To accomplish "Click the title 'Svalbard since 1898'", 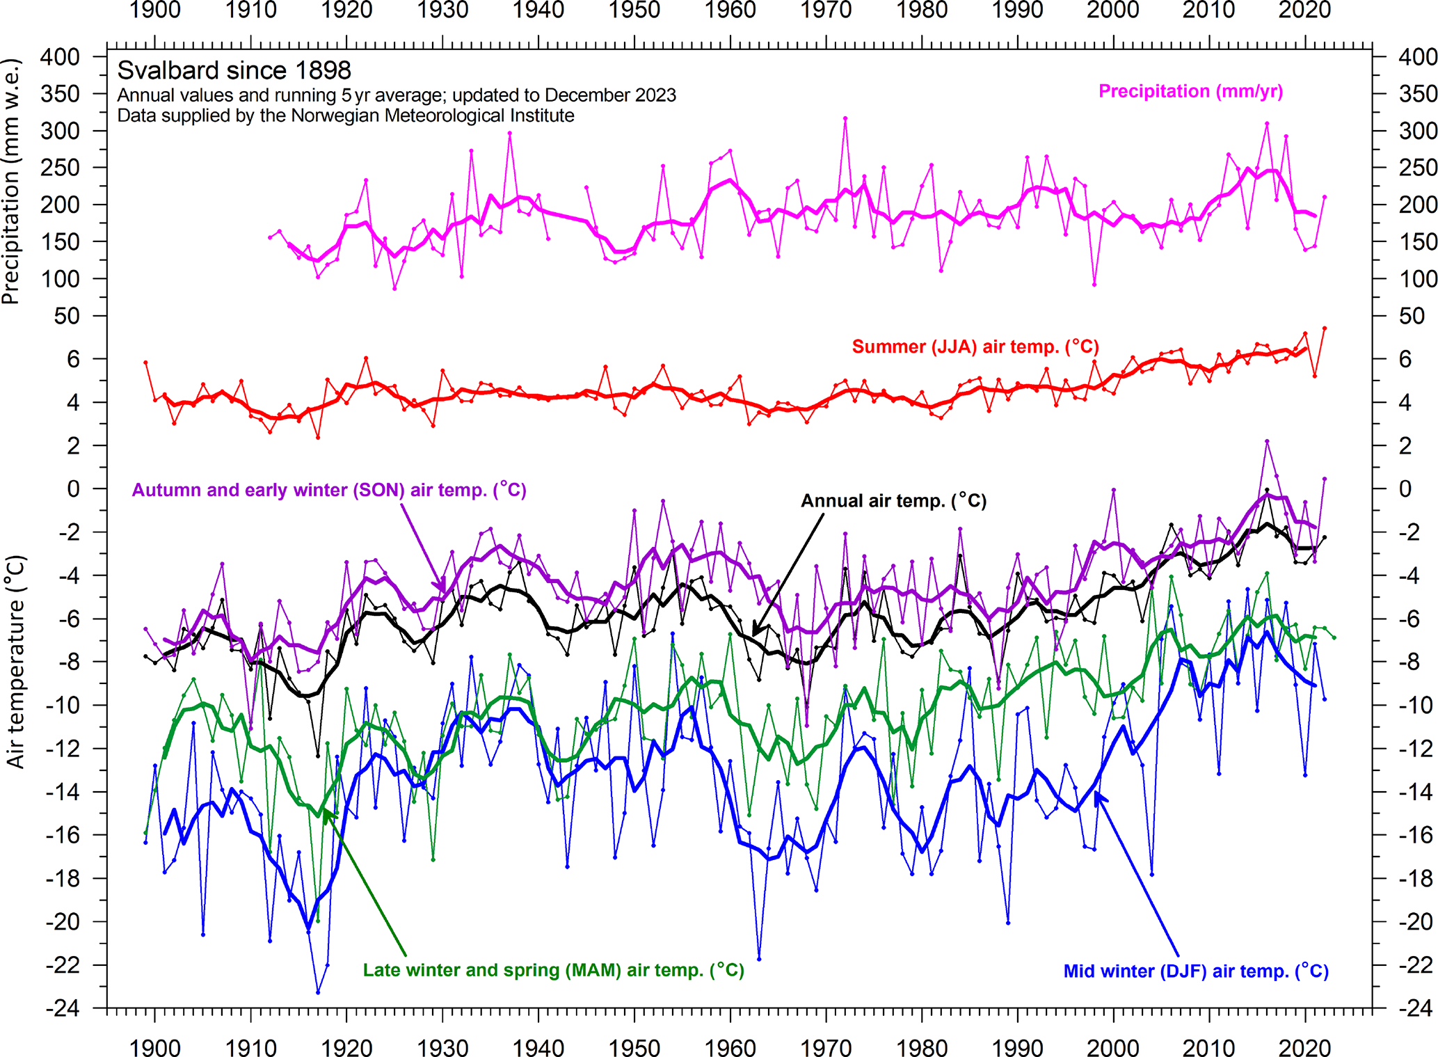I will pos(234,70).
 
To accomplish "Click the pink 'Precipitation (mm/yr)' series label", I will pos(1190,91).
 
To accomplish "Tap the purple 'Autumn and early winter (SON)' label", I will pos(329,490).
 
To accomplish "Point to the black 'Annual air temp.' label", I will pos(893,501).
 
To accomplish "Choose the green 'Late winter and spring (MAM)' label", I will pos(553,970).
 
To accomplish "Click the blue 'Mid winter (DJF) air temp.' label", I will pos(1195,971).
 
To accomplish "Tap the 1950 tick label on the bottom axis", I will pos(634,1047).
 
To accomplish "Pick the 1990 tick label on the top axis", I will pos(1017,10).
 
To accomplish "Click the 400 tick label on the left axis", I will pos(60,57).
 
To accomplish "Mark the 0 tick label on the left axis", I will pos(72,489).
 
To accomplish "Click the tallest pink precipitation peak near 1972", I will pos(845,119).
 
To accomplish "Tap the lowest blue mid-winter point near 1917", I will pos(318,992).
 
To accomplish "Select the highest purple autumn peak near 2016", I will pos(1267,441).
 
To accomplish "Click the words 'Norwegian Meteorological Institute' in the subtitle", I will pos(432,116).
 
